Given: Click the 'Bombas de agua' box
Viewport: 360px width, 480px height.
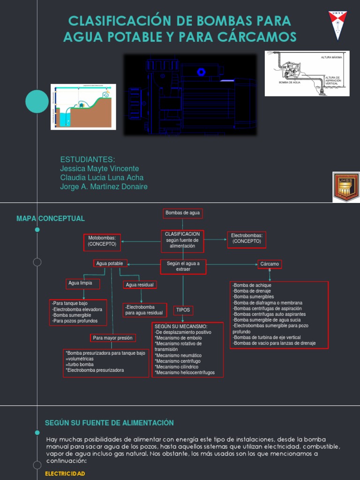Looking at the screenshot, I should (183, 213).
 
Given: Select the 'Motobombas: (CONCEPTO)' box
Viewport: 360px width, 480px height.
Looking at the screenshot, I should (102, 241).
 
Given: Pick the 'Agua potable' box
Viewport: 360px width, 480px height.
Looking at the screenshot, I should (110, 263).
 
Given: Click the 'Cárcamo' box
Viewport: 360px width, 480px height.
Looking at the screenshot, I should (270, 264).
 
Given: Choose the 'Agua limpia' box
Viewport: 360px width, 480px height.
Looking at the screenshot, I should (80, 283).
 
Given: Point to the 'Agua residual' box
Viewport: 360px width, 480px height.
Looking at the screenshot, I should (140, 285).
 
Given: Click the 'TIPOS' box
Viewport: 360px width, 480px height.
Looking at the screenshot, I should (183, 310).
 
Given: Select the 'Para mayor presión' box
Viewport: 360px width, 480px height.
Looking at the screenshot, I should (112, 337).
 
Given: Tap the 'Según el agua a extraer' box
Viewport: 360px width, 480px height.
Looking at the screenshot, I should (183, 266).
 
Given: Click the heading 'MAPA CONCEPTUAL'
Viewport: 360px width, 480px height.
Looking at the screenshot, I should (51, 218).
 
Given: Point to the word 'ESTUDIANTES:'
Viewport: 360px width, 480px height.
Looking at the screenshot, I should (88, 159).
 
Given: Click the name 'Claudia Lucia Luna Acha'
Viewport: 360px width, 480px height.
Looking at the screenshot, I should (102, 178).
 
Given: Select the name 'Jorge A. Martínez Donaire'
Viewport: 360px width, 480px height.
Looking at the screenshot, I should (104, 187).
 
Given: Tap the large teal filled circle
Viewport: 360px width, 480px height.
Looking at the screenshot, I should (37, 101).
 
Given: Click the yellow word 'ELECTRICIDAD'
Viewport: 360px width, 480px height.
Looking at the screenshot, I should (65, 474).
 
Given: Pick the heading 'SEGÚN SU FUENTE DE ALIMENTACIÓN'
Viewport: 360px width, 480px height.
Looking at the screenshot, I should (109, 423).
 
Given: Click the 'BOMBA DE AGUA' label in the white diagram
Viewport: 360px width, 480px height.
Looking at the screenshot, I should (289, 82).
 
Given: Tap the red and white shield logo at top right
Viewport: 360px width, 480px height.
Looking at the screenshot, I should (337, 25).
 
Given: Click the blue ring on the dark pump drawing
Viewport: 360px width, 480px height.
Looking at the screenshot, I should (202, 72).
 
